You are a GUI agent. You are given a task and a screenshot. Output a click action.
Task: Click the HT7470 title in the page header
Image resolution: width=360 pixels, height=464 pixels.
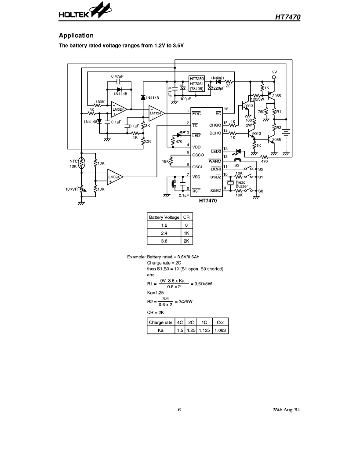[x=288, y=17]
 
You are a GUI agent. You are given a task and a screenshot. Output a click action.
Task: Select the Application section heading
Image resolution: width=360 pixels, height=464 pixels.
[x=76, y=36]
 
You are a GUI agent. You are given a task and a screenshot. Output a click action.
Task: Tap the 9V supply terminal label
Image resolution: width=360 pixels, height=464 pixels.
[x=274, y=72]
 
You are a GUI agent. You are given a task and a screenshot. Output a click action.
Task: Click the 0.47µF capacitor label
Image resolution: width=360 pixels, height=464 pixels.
[x=117, y=76]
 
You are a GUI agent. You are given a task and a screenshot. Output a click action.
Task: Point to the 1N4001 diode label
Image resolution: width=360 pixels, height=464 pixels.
[x=217, y=78]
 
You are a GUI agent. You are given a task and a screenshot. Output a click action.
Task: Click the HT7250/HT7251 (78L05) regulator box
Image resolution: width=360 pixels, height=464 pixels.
[x=196, y=83]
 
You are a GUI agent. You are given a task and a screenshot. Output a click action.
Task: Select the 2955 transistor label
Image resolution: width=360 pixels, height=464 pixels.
[x=276, y=96]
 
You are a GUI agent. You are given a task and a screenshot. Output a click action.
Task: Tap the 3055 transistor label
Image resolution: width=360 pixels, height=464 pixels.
[x=276, y=139]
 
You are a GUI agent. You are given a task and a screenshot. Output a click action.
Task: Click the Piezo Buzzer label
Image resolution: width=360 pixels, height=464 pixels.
[x=242, y=184]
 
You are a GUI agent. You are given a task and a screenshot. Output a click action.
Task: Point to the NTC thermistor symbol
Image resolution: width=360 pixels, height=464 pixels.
[x=82, y=163]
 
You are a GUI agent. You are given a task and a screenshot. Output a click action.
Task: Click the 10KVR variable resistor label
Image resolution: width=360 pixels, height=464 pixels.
[x=71, y=189]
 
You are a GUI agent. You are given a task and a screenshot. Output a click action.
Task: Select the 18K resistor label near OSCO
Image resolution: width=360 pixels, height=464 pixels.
[x=165, y=161]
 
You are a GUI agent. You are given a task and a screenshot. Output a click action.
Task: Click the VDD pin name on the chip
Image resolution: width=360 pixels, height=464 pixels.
[x=196, y=147]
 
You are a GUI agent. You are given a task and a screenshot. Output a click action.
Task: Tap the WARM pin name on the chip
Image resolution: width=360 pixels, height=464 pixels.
[x=215, y=161]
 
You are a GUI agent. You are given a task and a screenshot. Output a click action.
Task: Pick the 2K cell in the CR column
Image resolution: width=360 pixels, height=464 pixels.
[x=186, y=241]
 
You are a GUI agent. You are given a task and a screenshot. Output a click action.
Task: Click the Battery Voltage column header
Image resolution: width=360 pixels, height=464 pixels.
[x=164, y=217]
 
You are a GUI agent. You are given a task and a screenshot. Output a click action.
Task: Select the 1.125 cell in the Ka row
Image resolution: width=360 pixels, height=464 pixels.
[x=204, y=330]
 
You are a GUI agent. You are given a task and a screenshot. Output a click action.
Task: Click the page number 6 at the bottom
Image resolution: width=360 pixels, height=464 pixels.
[x=179, y=410]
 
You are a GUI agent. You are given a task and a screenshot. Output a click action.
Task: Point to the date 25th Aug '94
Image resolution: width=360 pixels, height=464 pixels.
[x=286, y=410]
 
